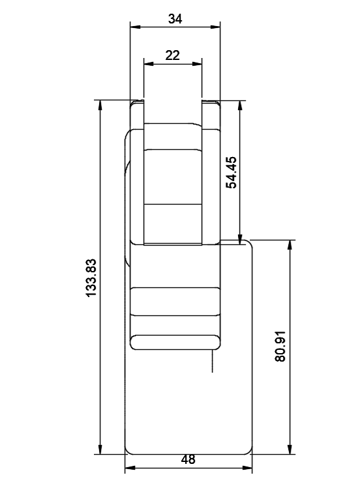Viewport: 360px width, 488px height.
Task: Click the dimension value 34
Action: point(175,19)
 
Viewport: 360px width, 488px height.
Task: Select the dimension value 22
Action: point(173,55)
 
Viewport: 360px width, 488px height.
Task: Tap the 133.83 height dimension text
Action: point(91,278)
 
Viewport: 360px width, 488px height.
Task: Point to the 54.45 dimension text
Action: point(232,173)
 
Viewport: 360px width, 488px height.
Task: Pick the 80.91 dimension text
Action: point(280,346)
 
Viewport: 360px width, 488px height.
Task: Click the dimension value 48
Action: point(188,459)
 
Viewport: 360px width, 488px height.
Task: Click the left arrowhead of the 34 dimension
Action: point(135,27)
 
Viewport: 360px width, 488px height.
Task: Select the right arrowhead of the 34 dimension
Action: point(215,27)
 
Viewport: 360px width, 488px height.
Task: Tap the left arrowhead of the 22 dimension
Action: point(149,64)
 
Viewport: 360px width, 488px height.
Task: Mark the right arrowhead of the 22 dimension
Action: point(197,64)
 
